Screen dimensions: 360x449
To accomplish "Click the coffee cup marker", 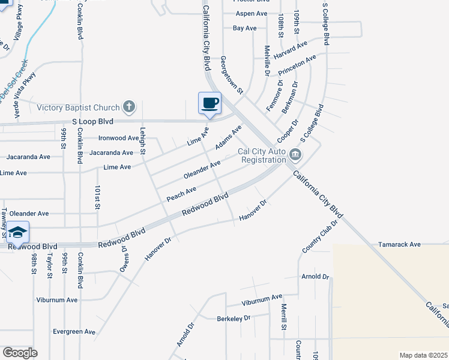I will click(x=209, y=103).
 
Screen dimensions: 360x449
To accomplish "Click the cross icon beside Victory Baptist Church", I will click(x=128, y=107).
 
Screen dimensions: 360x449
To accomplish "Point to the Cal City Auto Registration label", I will click(x=262, y=156).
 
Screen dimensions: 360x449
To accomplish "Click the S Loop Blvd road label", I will click(x=92, y=121).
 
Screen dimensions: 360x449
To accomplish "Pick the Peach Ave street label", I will click(x=181, y=193).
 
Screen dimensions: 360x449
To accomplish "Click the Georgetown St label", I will click(x=231, y=76).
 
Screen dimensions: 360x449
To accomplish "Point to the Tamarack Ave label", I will click(x=399, y=245).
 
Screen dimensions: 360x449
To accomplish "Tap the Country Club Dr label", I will click(x=321, y=236).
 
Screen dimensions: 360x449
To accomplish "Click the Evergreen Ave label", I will click(x=74, y=331).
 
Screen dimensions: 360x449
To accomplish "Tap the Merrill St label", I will click(x=284, y=316).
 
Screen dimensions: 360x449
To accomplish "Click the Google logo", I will click(x=20, y=353).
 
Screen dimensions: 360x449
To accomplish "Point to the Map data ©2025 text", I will click(x=423, y=355).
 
